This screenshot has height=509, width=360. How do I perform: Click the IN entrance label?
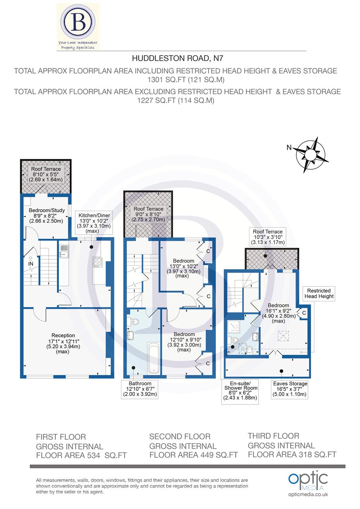pyautogui.click(x=31, y=264)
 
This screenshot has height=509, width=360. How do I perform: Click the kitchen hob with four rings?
pyautogui.click(x=98, y=262)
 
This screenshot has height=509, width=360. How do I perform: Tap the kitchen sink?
pyautogui.click(x=63, y=251)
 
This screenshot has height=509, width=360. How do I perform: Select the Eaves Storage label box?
pyautogui.click(x=290, y=389)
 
